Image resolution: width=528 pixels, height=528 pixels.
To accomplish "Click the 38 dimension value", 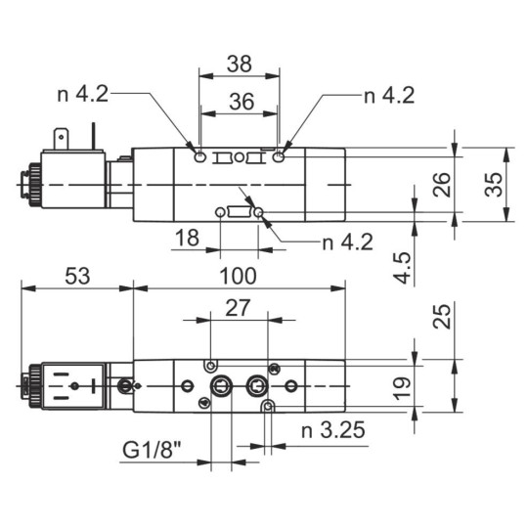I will coord(239,65).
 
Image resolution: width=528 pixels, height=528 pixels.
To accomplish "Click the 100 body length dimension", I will coord(238,276).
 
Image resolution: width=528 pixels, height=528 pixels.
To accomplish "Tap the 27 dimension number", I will coord(238,309).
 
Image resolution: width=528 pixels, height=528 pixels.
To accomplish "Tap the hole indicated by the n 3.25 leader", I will coord(269,404).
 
